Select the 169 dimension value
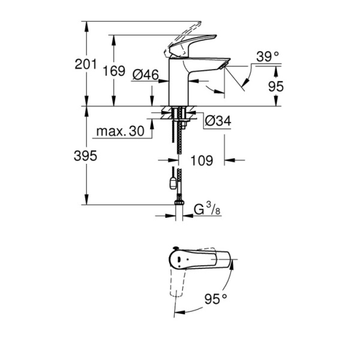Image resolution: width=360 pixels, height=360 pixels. click(113, 71)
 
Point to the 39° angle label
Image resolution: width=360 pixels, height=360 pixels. click(268, 57)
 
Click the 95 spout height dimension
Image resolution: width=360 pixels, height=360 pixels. click(275, 86)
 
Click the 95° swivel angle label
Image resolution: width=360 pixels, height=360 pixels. click(215, 298)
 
